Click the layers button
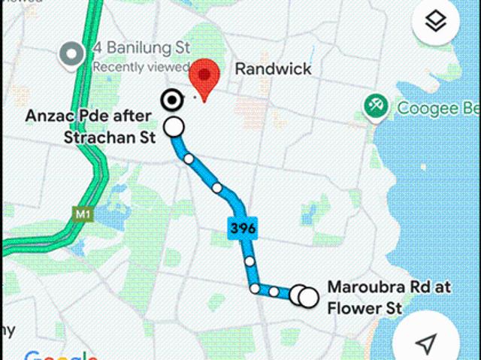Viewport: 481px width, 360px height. point(436,23)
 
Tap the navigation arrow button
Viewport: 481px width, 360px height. point(425,343)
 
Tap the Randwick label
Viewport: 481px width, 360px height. point(273,69)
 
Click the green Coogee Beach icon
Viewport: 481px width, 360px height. point(374,107)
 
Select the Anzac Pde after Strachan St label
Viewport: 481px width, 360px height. point(89,126)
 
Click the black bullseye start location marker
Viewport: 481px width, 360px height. point(172,99)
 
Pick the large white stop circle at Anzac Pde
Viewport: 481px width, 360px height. point(174,127)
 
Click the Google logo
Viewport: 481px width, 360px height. point(60,355)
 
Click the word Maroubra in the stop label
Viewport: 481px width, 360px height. point(359,287)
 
